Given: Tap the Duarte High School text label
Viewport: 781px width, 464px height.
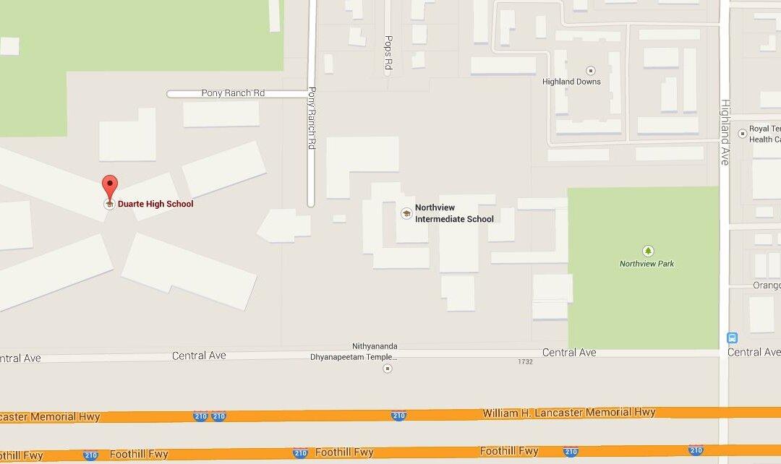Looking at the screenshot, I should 155,204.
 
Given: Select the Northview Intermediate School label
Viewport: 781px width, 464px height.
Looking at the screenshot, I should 454,213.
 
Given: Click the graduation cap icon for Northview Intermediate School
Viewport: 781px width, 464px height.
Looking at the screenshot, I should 406,212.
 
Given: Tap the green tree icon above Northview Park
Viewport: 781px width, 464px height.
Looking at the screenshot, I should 648,251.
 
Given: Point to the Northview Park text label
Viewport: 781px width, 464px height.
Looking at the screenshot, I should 646,264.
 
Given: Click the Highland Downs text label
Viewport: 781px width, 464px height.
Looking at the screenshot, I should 571,82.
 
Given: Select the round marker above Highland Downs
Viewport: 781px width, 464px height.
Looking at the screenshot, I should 590,71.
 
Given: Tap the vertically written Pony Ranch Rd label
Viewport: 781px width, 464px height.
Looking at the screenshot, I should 312,118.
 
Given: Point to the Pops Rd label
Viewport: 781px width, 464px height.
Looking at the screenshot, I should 388,53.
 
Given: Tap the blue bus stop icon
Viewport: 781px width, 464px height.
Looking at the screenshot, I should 732,338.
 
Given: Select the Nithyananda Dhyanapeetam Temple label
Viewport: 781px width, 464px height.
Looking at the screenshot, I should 375,352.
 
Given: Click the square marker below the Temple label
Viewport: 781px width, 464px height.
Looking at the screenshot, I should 387,369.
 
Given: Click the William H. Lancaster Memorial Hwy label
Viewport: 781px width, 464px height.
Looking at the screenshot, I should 569,413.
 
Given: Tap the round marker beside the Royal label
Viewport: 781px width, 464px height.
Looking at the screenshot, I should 742,134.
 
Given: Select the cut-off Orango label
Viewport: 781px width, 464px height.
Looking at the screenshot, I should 767,285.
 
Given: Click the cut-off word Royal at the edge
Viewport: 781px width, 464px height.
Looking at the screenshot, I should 762,129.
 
